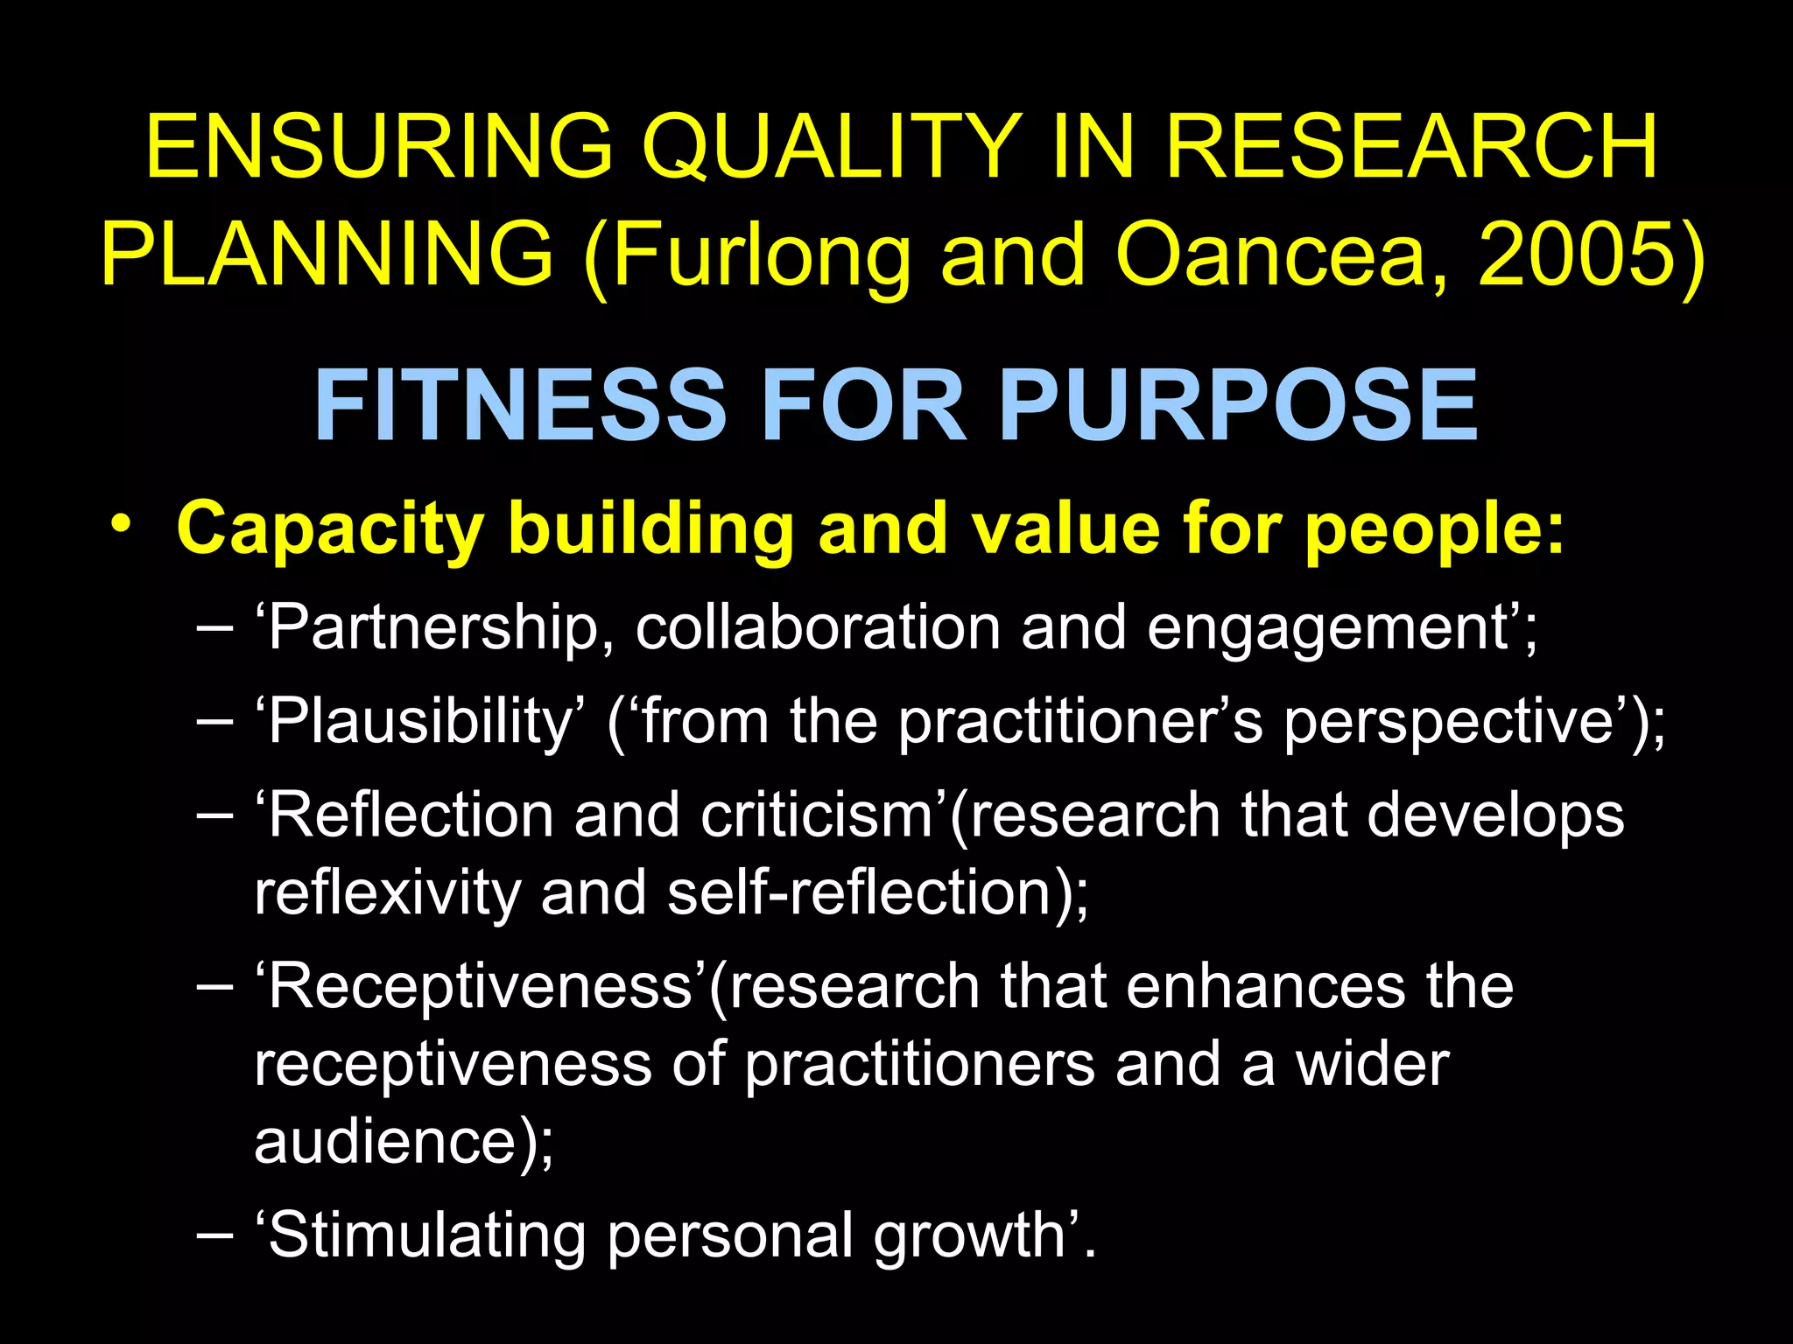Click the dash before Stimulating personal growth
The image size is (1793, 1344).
(215, 1235)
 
